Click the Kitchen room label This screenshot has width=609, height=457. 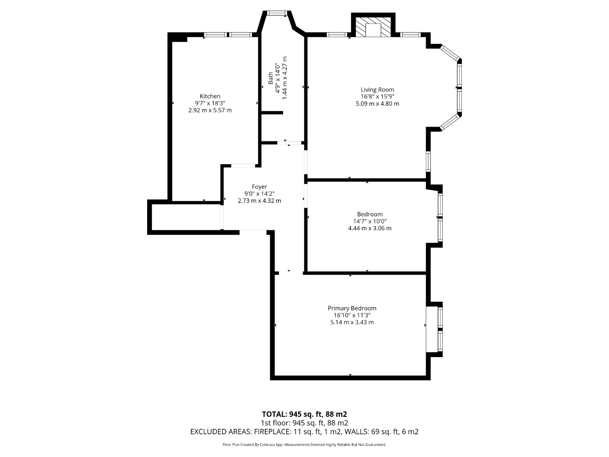pyautogui.click(x=210, y=96)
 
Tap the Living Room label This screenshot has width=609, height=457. pyautogui.click(x=377, y=90)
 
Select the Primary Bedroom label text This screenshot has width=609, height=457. pyautogui.click(x=352, y=308)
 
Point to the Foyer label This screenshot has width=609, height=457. pyautogui.click(x=259, y=187)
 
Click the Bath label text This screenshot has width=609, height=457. pyautogui.click(x=271, y=78)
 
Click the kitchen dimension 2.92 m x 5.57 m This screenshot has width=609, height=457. pyautogui.click(x=210, y=110)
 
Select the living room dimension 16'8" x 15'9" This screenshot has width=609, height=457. pyautogui.click(x=377, y=96)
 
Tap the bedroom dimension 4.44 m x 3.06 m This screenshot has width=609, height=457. pyautogui.click(x=370, y=228)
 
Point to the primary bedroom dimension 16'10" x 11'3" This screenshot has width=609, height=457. pyautogui.click(x=352, y=315)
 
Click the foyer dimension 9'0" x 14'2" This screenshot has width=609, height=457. pyautogui.click(x=259, y=194)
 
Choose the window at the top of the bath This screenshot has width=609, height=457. pyautogui.click(x=276, y=13)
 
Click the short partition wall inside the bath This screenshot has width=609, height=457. pyautogui.click(x=272, y=113)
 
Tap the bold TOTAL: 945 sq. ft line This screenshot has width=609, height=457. pyautogui.click(x=304, y=414)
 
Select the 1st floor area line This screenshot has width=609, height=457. pyautogui.click(x=304, y=423)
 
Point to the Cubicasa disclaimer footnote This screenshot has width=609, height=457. pyautogui.click(x=304, y=445)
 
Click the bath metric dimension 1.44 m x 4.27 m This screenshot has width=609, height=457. pyautogui.click(x=284, y=78)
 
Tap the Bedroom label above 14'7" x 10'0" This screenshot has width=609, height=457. pyautogui.click(x=370, y=214)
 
